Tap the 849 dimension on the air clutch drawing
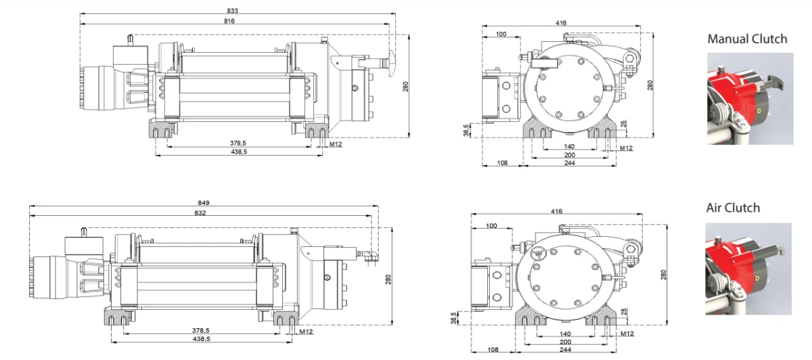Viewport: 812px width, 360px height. pyautogui.click(x=204, y=202)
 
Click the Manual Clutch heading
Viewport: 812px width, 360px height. pyautogui.click(x=747, y=39)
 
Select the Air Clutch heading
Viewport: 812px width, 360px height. pyautogui.click(x=733, y=208)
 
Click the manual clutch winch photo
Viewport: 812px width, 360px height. pyautogui.click(x=750, y=99)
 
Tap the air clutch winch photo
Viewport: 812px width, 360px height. pyautogui.click(x=748, y=269)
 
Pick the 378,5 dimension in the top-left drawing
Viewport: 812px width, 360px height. pyautogui.click(x=238, y=143)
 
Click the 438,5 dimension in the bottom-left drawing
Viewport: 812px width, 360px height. pyautogui.click(x=200, y=339)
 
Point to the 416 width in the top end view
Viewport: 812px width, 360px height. pyautogui.click(x=561, y=23)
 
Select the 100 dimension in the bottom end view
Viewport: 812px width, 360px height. pyautogui.click(x=491, y=225)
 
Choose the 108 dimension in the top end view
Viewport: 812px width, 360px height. pyautogui.click(x=502, y=164)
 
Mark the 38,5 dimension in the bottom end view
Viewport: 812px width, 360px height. pyautogui.click(x=454, y=318)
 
